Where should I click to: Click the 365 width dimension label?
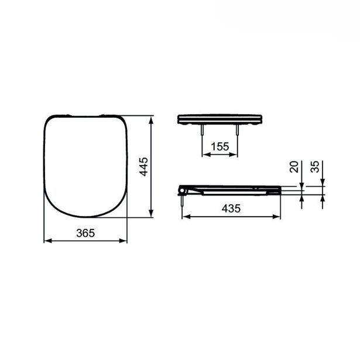[x=85, y=233]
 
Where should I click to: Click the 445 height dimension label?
[x=144, y=167]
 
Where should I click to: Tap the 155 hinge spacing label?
[x=220, y=147]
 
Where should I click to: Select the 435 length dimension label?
[x=231, y=208]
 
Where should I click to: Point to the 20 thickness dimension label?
[x=294, y=167]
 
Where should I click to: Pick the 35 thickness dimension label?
[x=315, y=167]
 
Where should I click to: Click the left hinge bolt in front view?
[x=202, y=130]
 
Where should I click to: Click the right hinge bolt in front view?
[x=237, y=130]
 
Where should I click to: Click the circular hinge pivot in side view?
[x=182, y=191]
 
